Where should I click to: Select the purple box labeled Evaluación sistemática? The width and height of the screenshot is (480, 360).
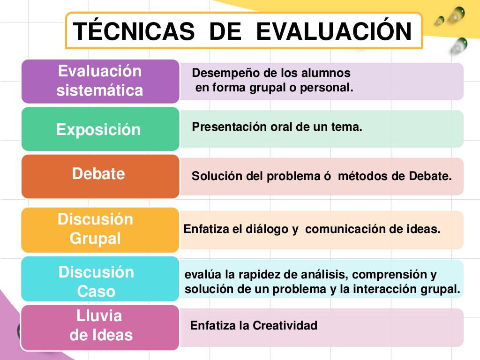[x=100, y=82]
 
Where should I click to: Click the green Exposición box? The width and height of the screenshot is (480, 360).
[x=100, y=129]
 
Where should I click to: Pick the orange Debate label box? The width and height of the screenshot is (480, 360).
[x=100, y=176]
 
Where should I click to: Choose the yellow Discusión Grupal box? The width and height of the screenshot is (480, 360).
[x=100, y=230]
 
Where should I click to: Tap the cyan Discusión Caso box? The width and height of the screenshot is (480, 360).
[x=100, y=279]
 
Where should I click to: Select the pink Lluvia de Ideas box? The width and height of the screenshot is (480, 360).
[x=100, y=328]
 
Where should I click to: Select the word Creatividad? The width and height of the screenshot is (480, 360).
[x=285, y=325]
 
